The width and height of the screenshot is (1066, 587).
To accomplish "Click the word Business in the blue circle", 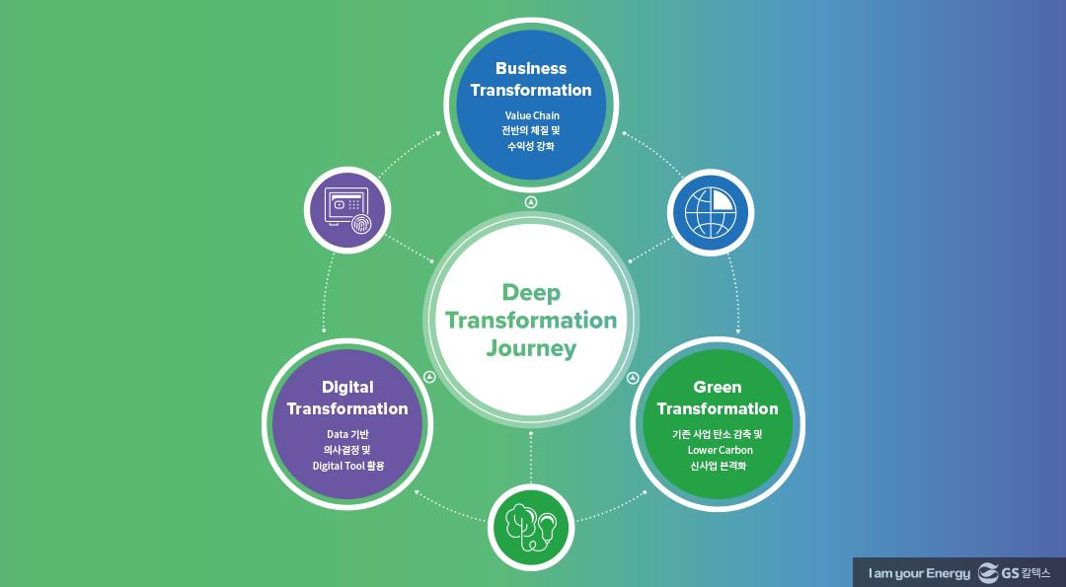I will pos(531,68).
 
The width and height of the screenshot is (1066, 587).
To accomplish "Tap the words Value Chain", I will pos(531,115).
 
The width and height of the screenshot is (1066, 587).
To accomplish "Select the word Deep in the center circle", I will pos(531,293).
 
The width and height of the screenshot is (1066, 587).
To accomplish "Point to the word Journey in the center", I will pos(531,348).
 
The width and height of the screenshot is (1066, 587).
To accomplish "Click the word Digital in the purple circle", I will pos(347,387).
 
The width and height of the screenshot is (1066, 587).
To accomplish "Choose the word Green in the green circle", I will pos(718,387).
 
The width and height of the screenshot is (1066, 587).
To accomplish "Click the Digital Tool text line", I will pos(347,466).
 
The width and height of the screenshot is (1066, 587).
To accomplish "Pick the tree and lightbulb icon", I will pos(531,527).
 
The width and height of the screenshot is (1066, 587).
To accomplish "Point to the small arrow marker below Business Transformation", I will pos(531,202).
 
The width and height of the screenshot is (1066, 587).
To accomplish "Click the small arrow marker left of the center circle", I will pos(428,377).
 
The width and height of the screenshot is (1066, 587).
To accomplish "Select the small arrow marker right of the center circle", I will pos(634,377).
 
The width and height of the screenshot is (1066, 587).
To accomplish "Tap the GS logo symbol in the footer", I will pos(989,572).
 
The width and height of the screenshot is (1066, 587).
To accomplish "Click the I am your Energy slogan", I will pos(919,573).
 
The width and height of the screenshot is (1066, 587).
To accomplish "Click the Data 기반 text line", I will pos(347,434).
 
